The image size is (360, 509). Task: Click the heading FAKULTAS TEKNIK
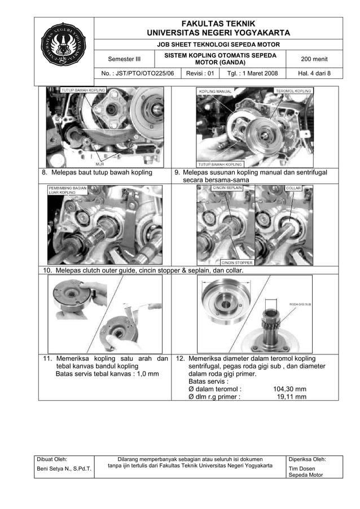pyautogui.click(x=218, y=23)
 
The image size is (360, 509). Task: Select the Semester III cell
pyautogui.click(x=125, y=59)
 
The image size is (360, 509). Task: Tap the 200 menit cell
pyautogui.click(x=314, y=59)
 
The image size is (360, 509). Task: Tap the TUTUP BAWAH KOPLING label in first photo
pyautogui.click(x=83, y=90)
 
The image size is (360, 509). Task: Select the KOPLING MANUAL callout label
pyautogui.click(x=215, y=91)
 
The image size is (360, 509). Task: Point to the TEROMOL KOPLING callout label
pyautogui.click(x=293, y=90)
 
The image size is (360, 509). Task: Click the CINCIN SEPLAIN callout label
pyautogui.click(x=228, y=188)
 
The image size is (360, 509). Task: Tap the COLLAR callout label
pyautogui.click(x=293, y=188)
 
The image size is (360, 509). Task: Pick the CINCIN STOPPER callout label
pyautogui.click(x=236, y=262)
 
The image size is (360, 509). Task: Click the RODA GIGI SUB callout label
pyautogui.click(x=301, y=304)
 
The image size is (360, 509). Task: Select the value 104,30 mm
pyautogui.click(x=289, y=389)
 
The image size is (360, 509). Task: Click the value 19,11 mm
pyautogui.click(x=291, y=397)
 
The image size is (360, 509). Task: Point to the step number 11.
pyautogui.click(x=49, y=358)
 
